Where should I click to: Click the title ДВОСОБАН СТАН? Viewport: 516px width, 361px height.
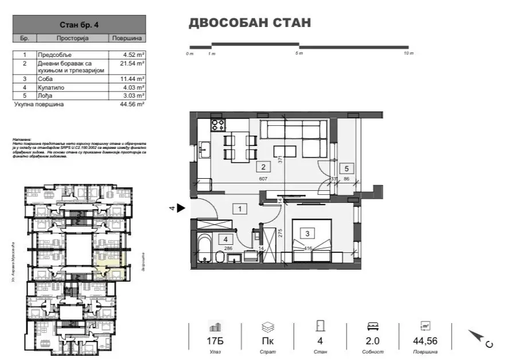pyautogui.click(x=250, y=23)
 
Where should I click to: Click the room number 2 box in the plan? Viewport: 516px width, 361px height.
pyautogui.click(x=263, y=167)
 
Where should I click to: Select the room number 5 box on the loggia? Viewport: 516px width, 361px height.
pyautogui.click(x=346, y=168)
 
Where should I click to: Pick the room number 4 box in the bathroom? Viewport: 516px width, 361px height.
pyautogui.click(x=226, y=240)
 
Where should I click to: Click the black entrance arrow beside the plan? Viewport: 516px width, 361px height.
pyautogui.click(x=181, y=209)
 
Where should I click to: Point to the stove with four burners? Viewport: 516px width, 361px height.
pyautogui.click(x=218, y=125)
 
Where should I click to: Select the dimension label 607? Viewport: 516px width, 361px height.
pyautogui.click(x=263, y=179)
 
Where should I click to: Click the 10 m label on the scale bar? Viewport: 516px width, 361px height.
pyautogui.click(x=408, y=53)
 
